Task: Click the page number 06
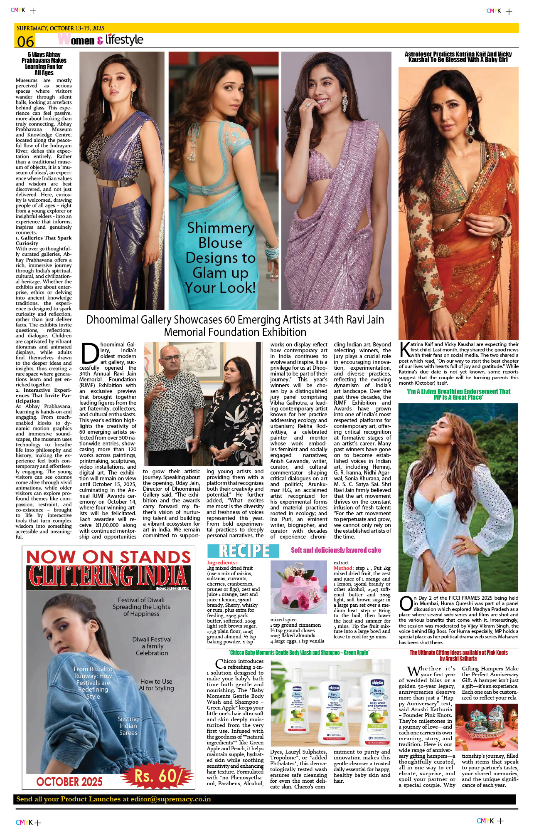click(x=25, y=42)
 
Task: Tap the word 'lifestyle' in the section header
click(x=124, y=40)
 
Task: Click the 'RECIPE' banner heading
click(x=244, y=551)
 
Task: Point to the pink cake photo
click(x=298, y=587)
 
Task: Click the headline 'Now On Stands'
click(x=108, y=557)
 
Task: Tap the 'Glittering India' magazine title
click(x=108, y=576)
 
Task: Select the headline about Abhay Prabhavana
click(x=44, y=64)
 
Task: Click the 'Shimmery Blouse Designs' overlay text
click(x=220, y=258)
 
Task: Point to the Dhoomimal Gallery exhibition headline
click(x=235, y=326)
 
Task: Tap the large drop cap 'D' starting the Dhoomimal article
click(x=89, y=353)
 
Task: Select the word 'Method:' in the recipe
click(x=344, y=568)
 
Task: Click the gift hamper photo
click(x=487, y=727)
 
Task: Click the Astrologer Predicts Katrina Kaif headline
click(x=458, y=57)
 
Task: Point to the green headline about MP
click(x=458, y=394)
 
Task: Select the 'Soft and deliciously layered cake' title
click(x=336, y=550)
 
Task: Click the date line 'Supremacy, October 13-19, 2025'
click(x=61, y=28)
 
